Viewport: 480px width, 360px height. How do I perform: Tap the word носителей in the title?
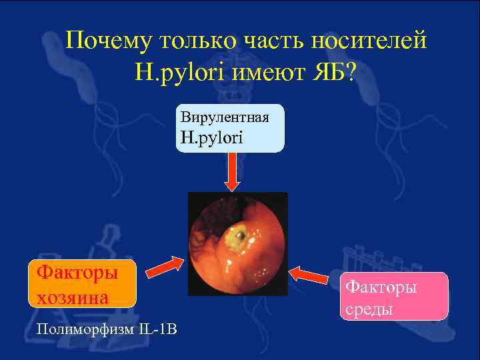pyautogui.click(x=372, y=42)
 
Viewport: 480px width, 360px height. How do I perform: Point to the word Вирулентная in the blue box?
pyautogui.click(x=225, y=117)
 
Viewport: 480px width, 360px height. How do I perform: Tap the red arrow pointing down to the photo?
pyautogui.click(x=231, y=171)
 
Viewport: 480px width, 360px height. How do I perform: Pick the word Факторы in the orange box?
pyautogui.click(x=75, y=272)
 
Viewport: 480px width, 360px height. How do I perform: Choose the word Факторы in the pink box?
pyautogui.click(x=381, y=287)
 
